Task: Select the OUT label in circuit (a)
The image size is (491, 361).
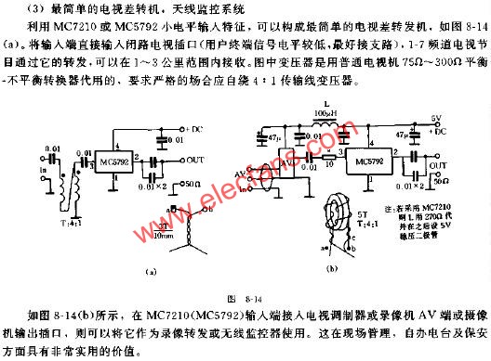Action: coord(194,160)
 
